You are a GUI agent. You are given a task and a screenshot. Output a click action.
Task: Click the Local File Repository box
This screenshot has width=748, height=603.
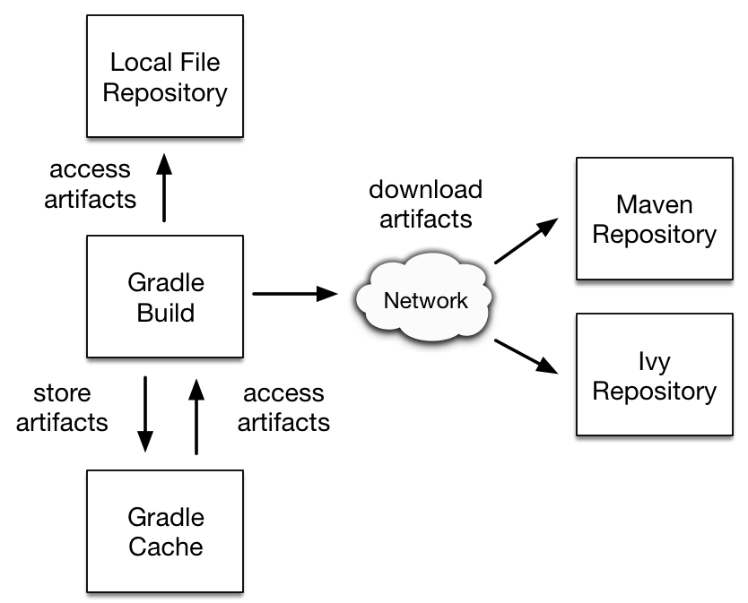pos(164,78)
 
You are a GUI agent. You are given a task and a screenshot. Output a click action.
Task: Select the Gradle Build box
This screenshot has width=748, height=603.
pos(164,297)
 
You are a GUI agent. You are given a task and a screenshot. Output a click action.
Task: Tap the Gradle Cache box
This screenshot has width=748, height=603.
pos(164,532)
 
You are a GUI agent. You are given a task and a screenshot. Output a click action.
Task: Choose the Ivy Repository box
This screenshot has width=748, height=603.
pos(654,377)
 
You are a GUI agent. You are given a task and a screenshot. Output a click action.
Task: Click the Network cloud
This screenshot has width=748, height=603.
pos(425,299)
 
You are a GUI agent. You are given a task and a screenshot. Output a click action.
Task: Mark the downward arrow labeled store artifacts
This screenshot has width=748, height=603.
pos(144,416)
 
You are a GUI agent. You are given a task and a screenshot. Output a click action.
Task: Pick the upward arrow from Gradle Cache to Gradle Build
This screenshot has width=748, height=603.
pos(195,416)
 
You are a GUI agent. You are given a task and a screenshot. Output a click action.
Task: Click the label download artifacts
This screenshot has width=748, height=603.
pos(425,204)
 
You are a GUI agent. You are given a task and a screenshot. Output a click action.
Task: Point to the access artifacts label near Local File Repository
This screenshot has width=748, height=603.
pos(90,184)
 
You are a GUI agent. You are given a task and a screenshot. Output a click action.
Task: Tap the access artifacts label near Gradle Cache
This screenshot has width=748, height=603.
pos(283,408)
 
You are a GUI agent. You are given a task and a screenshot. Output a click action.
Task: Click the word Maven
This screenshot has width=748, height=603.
pos(654,205)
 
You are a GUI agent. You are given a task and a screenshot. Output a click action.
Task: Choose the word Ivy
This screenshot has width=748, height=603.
pos(654,363)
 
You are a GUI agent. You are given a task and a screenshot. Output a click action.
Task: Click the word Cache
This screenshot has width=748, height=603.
pos(166,547)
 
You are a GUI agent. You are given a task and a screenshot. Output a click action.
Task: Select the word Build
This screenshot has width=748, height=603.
pos(166,313)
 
